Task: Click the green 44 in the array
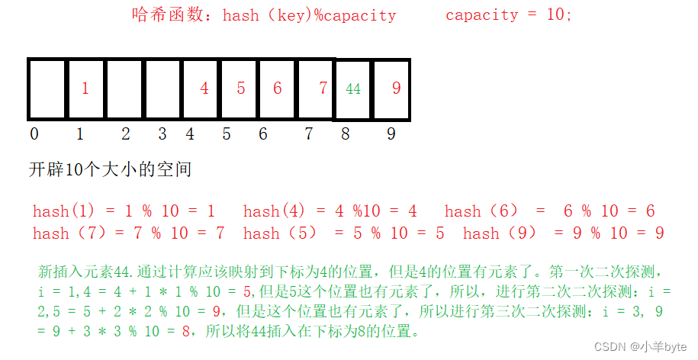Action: click(x=353, y=89)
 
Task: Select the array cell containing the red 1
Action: click(x=85, y=88)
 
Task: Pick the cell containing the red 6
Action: click(x=277, y=88)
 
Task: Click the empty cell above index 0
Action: click(x=47, y=88)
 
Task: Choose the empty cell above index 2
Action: click(x=124, y=88)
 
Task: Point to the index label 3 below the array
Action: click(x=162, y=134)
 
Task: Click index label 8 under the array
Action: click(x=346, y=134)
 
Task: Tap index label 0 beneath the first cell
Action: click(x=34, y=134)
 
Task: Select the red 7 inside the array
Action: click(x=323, y=88)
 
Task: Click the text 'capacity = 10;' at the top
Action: click(x=508, y=15)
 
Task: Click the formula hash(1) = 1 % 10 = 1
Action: click(x=124, y=211)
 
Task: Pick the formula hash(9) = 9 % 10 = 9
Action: click(x=563, y=233)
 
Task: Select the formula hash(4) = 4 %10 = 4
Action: click(x=330, y=211)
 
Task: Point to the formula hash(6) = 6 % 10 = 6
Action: click(x=549, y=211)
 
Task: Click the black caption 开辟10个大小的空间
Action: click(x=110, y=169)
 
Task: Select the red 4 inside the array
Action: click(x=204, y=88)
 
